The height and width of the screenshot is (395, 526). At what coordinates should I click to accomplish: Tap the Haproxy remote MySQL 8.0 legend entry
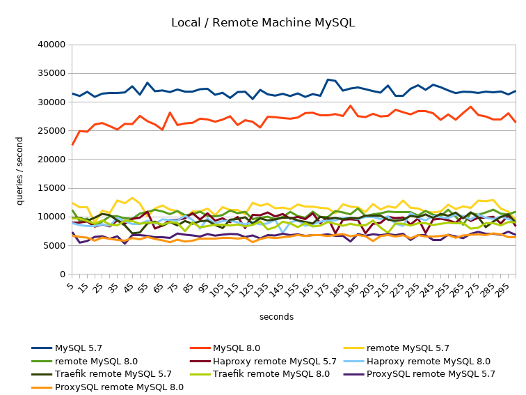pos(437,361)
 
